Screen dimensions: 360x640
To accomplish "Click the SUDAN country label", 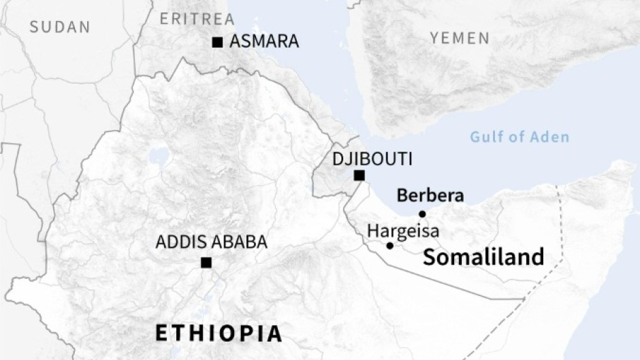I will pos(60,27).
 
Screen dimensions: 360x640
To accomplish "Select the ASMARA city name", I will pos(264,42).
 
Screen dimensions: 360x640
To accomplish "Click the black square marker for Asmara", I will pos(217,42).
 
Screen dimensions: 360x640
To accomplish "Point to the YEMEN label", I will pos(460,37).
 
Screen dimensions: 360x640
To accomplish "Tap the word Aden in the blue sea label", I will pos(549,137).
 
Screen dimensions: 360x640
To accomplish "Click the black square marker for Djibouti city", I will pos(359,176).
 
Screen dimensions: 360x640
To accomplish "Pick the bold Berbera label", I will pos(430,196).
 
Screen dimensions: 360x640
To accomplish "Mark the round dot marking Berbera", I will pos(422,214).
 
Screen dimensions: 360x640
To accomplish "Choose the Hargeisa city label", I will pos(403,231).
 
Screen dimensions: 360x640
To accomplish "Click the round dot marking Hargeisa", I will pos(389,245).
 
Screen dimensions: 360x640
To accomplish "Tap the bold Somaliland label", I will pos(483,257).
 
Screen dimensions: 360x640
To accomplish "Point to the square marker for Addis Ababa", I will pos(206,263).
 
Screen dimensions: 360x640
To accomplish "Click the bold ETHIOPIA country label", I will pos(219,333).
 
